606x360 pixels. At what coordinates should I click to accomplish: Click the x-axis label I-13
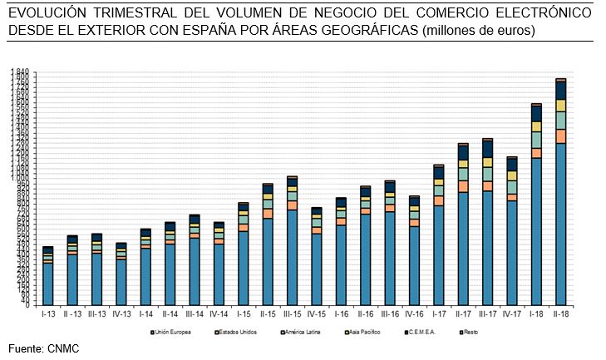48,314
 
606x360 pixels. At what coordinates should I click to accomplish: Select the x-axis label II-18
561,314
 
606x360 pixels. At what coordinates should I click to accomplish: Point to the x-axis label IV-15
316,314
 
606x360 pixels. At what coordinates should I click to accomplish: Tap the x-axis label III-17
488,314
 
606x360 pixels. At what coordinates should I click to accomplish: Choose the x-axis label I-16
341,314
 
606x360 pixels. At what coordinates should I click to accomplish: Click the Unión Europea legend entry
174,332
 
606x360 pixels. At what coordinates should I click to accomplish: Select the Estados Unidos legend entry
237,332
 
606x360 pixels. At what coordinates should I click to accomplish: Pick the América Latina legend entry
303,332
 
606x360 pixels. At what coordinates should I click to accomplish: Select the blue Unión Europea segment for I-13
48,283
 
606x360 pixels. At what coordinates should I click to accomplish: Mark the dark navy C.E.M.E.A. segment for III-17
488,149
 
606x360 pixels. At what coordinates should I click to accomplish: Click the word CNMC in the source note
63,348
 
